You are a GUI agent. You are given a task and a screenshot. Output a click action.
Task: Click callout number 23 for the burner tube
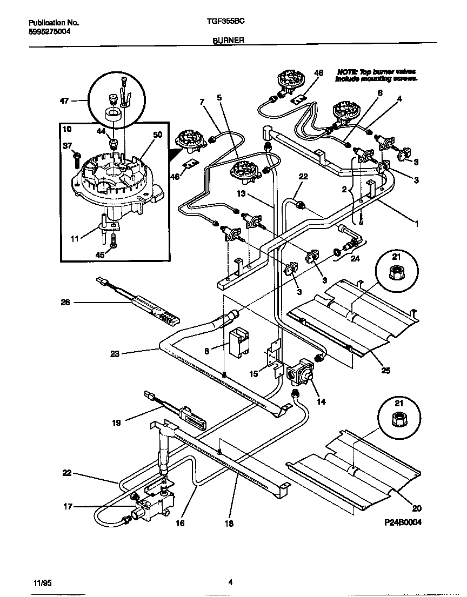click(115, 354)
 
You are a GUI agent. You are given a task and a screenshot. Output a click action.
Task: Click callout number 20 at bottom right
click(416, 508)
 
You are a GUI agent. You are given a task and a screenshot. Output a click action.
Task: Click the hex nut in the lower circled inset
click(397, 417)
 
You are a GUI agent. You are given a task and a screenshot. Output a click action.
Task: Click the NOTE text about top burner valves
click(376, 75)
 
